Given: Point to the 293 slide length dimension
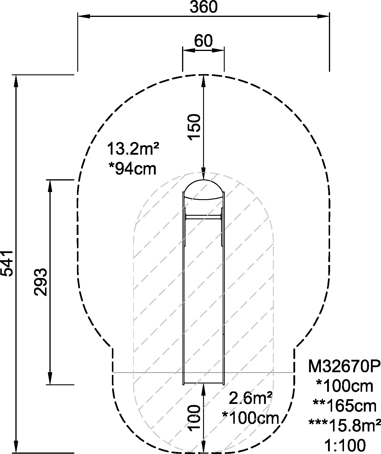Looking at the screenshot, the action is [x=41, y=282].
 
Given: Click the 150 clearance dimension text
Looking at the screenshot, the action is [x=194, y=127].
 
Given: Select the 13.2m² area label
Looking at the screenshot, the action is [x=133, y=149].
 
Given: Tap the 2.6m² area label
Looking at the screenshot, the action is [x=250, y=398].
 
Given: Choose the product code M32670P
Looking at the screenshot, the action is [x=345, y=366].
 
